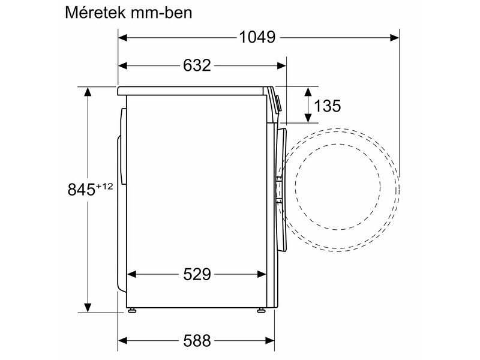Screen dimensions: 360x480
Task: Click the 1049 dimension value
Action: (x=257, y=37)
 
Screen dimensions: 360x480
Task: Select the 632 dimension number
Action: (x=197, y=65)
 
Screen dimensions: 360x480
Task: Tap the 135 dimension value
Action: (x=328, y=106)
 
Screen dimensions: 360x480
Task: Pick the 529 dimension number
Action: (x=197, y=274)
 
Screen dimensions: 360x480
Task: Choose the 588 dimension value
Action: (x=197, y=341)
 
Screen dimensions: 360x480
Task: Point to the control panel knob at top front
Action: (x=278, y=102)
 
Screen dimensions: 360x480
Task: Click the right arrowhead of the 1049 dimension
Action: (x=395, y=37)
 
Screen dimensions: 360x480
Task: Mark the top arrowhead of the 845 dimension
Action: (x=88, y=92)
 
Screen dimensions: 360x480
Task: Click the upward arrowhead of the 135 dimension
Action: (x=308, y=91)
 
